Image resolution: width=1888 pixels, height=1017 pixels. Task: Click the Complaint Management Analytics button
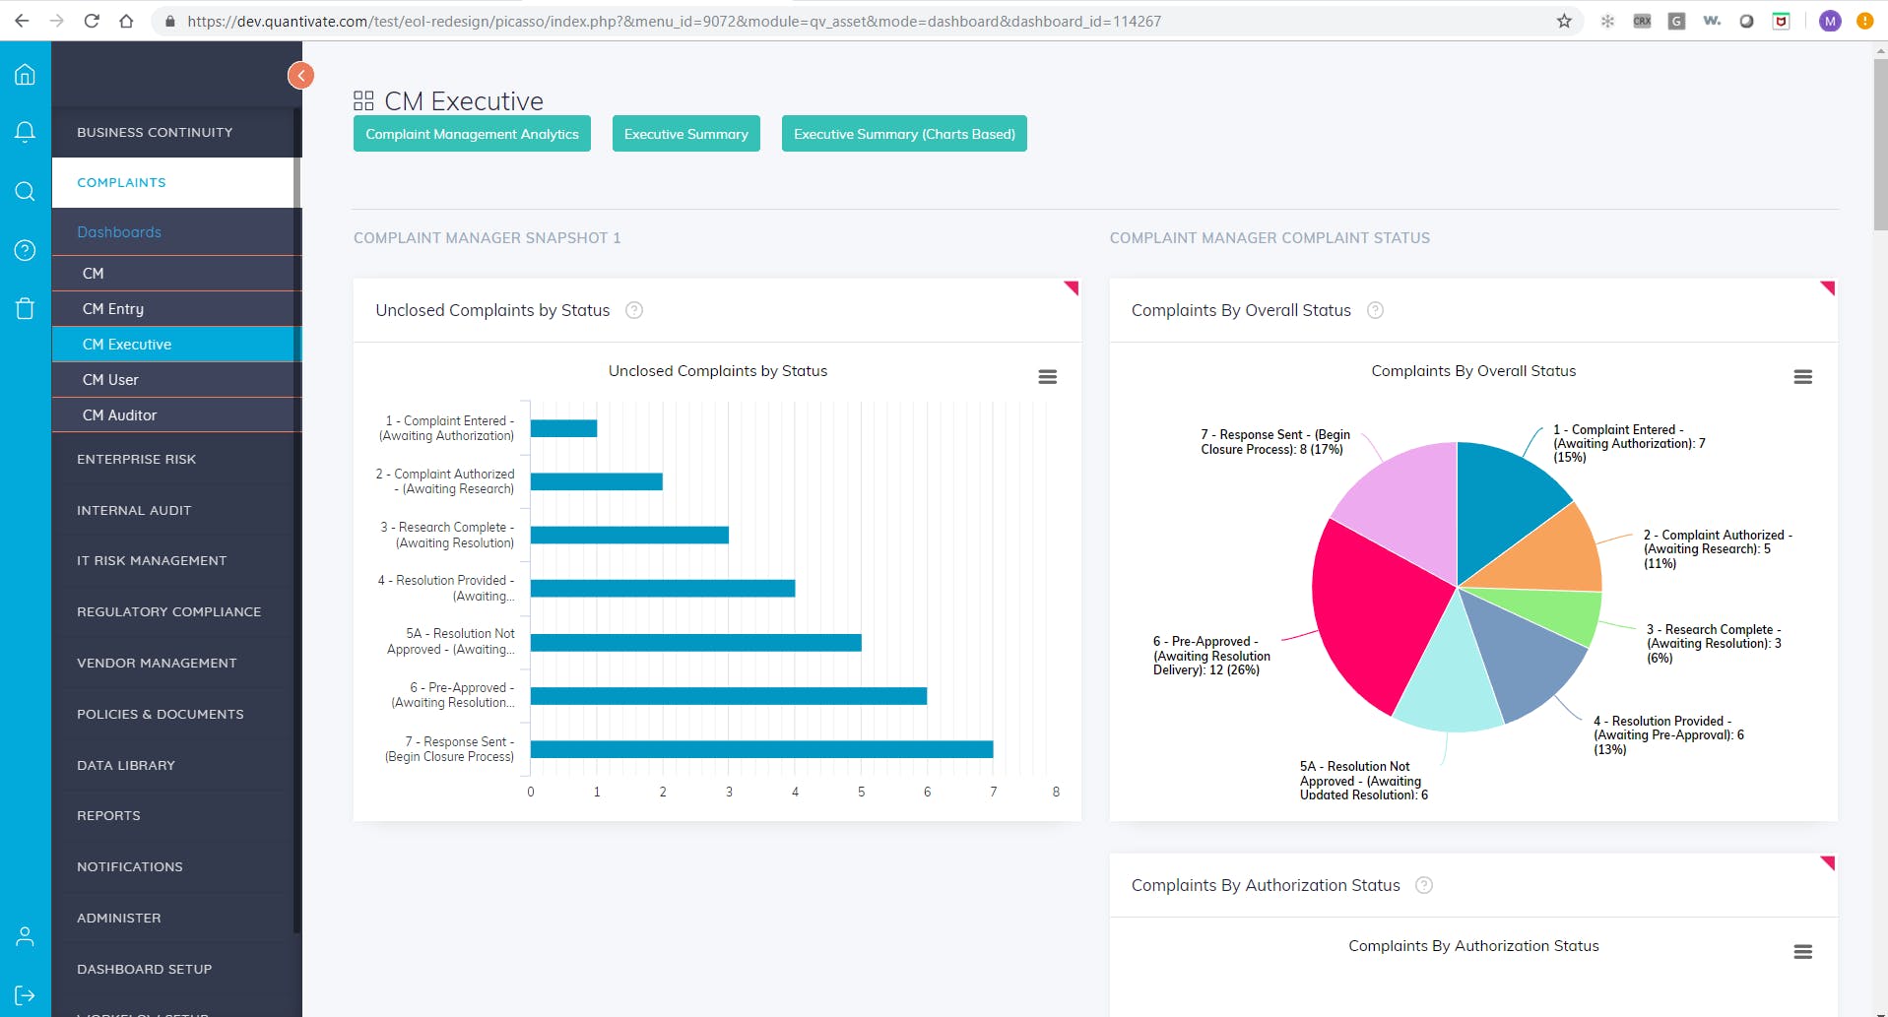click(x=472, y=134)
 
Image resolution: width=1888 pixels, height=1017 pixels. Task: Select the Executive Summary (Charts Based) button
click(x=903, y=134)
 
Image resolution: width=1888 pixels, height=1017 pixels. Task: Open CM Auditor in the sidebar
click(x=119, y=415)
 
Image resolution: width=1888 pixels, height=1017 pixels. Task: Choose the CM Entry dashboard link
click(x=112, y=309)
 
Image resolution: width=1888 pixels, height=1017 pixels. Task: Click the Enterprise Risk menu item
click(x=136, y=460)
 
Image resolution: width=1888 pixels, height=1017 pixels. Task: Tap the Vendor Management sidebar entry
click(x=157, y=664)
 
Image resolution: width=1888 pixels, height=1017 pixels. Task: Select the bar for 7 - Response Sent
click(x=760, y=749)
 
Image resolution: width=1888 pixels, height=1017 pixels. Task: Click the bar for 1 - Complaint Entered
click(x=563, y=428)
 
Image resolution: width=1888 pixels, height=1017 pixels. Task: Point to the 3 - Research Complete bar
click(x=629, y=535)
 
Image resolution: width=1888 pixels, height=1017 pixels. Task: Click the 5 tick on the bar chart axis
click(x=861, y=792)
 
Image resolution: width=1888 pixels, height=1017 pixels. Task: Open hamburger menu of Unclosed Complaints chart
click(x=1047, y=377)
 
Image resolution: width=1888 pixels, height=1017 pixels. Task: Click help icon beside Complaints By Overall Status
click(x=1375, y=310)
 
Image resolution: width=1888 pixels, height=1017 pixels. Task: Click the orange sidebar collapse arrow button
click(x=300, y=75)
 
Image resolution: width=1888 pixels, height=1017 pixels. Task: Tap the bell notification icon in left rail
click(x=25, y=132)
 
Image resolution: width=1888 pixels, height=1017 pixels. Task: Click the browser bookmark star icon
click(x=1564, y=21)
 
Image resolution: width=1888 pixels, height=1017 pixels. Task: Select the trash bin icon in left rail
click(x=25, y=309)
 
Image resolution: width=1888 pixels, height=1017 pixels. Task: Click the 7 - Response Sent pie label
click(x=1274, y=442)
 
